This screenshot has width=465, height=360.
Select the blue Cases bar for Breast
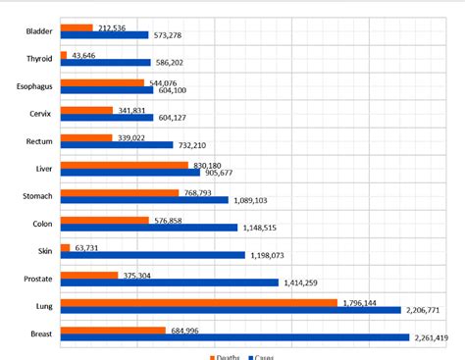(234, 337)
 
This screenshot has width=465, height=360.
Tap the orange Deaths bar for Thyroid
(64, 55)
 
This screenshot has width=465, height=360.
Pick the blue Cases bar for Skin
(152, 255)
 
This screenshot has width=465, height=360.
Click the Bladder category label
(39, 31)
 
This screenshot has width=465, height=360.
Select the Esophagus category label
(35, 86)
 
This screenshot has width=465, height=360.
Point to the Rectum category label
(39, 141)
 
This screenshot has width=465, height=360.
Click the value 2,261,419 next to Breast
(431, 338)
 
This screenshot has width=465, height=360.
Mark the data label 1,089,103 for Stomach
(253, 200)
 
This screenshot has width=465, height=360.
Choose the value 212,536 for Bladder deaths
(115, 27)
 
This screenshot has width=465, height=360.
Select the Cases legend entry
(260, 356)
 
